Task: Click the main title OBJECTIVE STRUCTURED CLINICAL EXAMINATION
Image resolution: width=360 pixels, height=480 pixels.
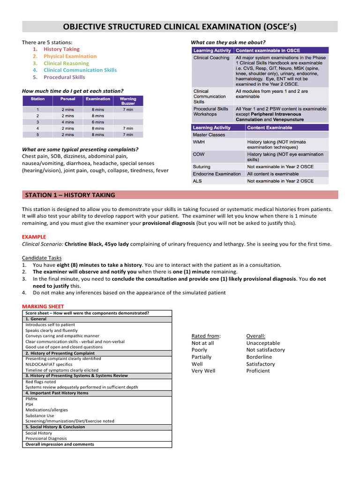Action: [180, 26]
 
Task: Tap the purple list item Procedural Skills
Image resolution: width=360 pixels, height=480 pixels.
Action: [64, 77]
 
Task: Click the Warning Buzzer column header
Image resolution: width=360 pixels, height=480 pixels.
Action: [128, 101]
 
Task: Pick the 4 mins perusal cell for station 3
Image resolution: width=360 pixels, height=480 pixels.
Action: [67, 122]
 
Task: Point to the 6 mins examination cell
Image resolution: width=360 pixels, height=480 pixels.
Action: [98, 122]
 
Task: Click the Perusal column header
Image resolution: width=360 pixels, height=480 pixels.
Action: [67, 99]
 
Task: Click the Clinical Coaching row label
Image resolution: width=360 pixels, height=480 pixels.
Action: [211, 58]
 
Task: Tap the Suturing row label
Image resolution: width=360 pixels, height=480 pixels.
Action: [202, 166]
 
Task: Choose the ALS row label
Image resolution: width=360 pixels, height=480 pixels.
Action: [198, 181]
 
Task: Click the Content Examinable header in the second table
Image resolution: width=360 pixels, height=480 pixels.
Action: [269, 127]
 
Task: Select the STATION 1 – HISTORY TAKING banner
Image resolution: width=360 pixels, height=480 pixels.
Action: [70, 195]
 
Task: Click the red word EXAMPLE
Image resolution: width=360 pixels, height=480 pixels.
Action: [34, 237]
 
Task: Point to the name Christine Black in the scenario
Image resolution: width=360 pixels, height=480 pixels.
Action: [85, 244]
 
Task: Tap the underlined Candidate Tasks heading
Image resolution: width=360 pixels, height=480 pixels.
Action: [42, 258]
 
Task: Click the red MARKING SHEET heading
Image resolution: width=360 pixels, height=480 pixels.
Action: [43, 307]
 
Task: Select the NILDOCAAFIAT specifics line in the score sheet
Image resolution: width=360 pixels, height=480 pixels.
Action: [49, 364]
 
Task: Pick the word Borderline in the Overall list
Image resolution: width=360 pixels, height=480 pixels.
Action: [259, 357]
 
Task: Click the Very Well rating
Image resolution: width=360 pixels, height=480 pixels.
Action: [203, 371]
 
